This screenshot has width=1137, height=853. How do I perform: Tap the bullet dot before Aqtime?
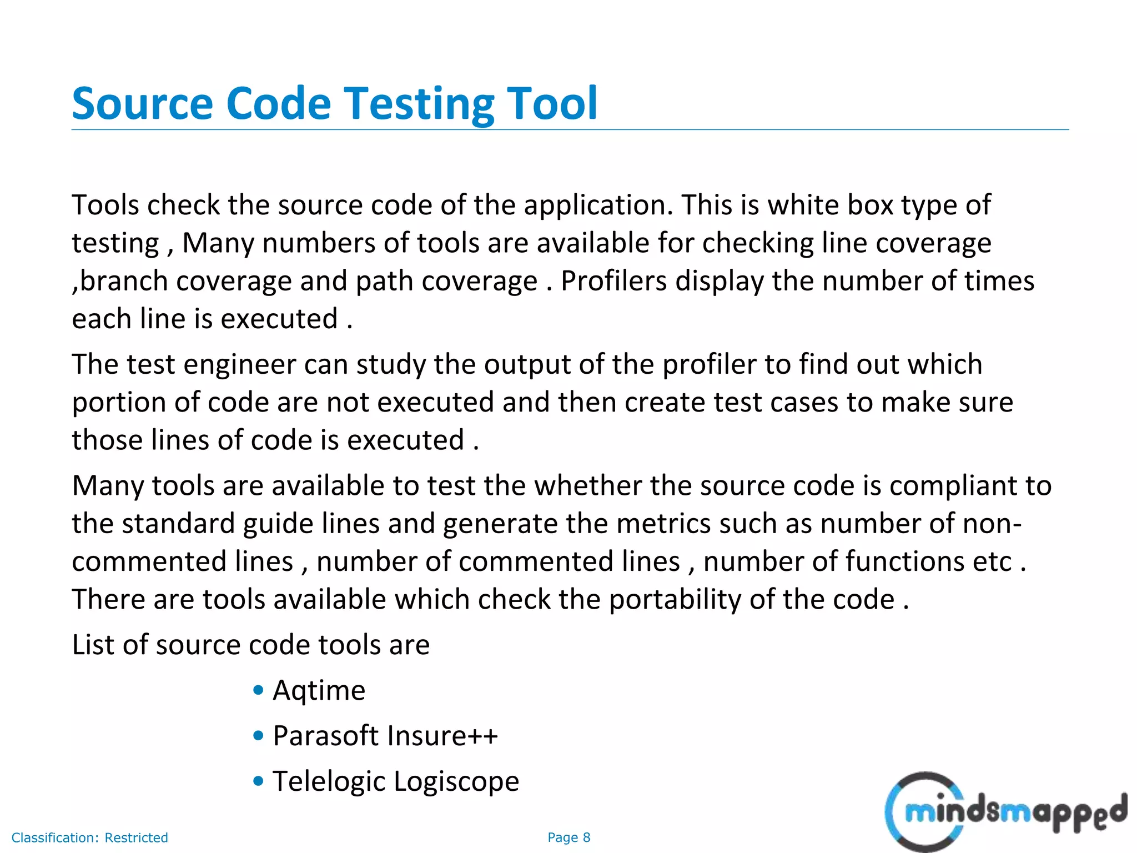click(x=258, y=690)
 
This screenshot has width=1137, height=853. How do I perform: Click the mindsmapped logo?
click(x=1005, y=812)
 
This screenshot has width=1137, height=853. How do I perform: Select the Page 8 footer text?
click(x=568, y=837)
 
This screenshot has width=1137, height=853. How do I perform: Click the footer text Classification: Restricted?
click(x=89, y=837)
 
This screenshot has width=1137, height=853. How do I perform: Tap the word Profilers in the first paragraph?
click(x=613, y=281)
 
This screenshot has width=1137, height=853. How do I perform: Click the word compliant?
click(x=953, y=486)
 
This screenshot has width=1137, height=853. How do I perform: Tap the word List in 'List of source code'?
click(x=93, y=645)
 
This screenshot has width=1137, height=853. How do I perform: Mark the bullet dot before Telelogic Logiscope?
click(x=258, y=781)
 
